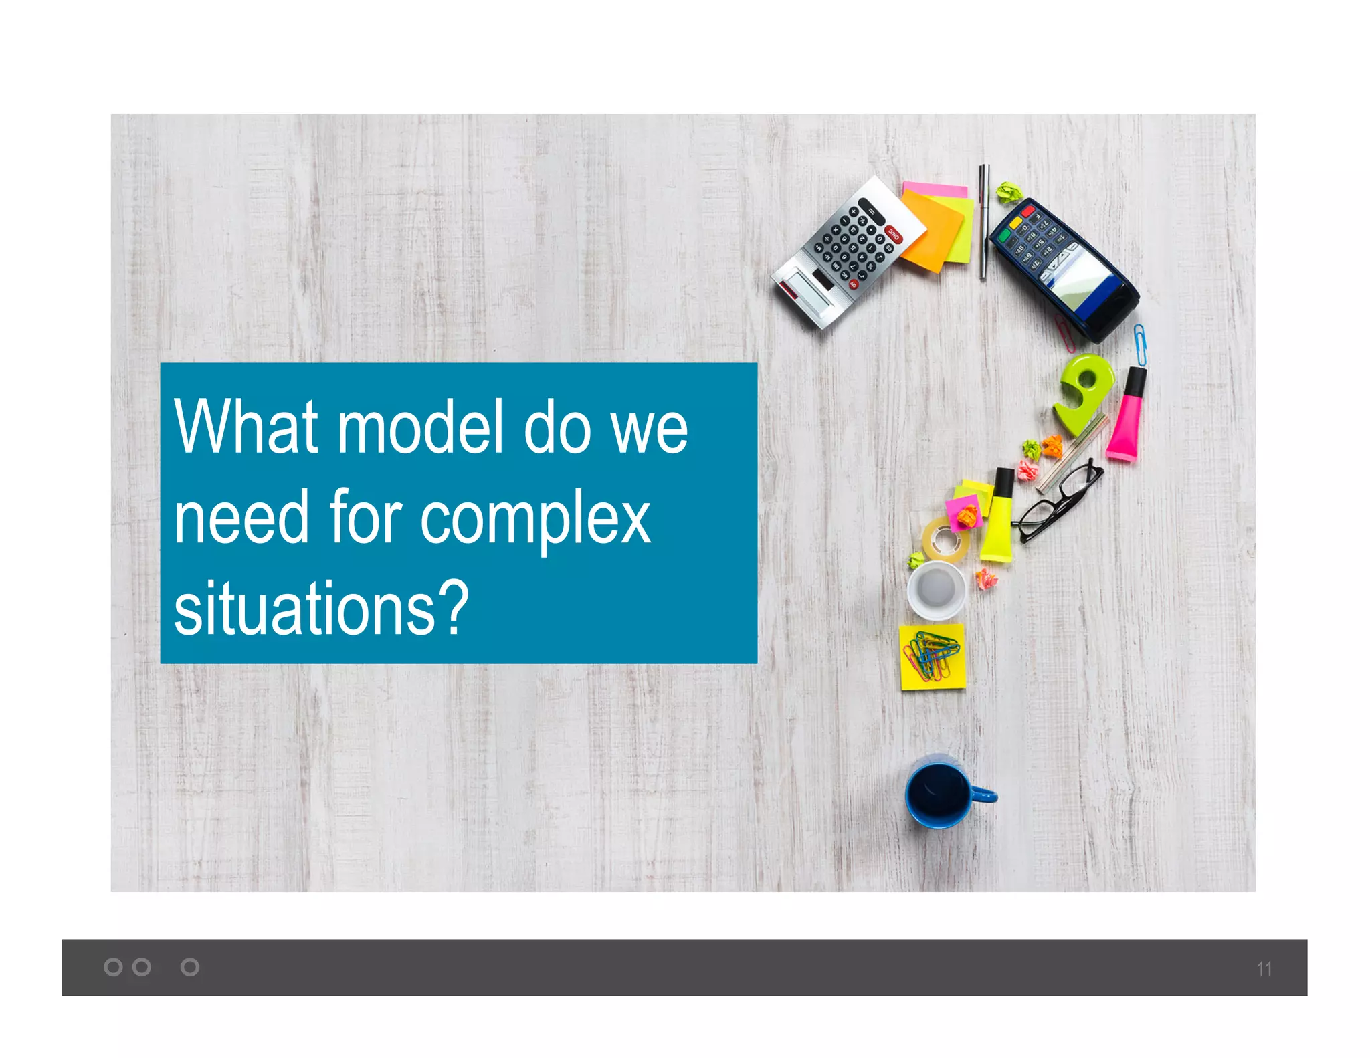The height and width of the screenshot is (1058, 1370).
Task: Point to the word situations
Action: click(x=321, y=609)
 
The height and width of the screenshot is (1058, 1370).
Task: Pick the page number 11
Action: click(x=1264, y=969)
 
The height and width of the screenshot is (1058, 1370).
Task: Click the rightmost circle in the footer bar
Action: click(x=190, y=967)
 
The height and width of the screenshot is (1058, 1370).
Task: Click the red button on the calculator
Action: click(x=894, y=233)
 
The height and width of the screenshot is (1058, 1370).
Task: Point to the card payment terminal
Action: click(x=1064, y=268)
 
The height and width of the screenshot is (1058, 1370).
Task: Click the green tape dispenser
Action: click(x=1084, y=391)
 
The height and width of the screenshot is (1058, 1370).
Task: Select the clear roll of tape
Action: click(x=945, y=539)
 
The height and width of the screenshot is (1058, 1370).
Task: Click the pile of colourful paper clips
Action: click(x=932, y=655)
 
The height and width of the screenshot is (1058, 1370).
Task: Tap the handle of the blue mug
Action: click(x=985, y=796)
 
